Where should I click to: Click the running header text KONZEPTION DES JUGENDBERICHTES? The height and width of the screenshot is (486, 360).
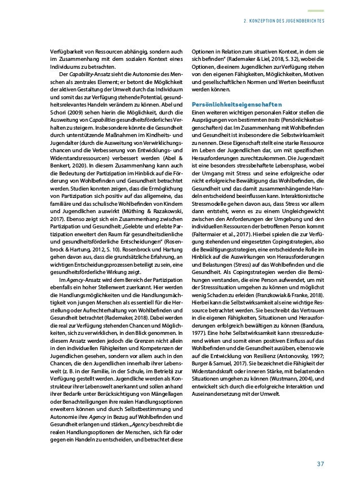283,23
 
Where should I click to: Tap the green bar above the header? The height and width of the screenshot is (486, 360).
315,10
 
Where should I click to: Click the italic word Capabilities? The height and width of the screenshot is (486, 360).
104,120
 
